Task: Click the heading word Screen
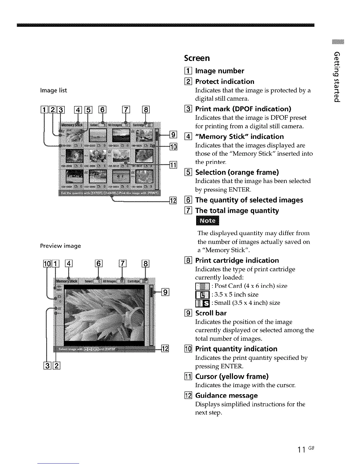pyautogui.click(x=197, y=58)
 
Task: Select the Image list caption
pyautogui.click(x=53, y=90)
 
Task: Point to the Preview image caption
pyautogui.click(x=60, y=246)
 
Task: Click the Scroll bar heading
pyautogui.click(x=211, y=313)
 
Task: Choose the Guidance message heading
pyautogui.click(x=226, y=395)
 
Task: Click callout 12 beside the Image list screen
pyautogui.click(x=173, y=201)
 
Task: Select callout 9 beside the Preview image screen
pyautogui.click(x=166, y=292)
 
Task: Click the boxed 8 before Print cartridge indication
pyautogui.click(x=187, y=261)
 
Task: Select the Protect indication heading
pyautogui.click(x=225, y=81)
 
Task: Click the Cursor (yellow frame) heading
pyautogui.click(x=232, y=377)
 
